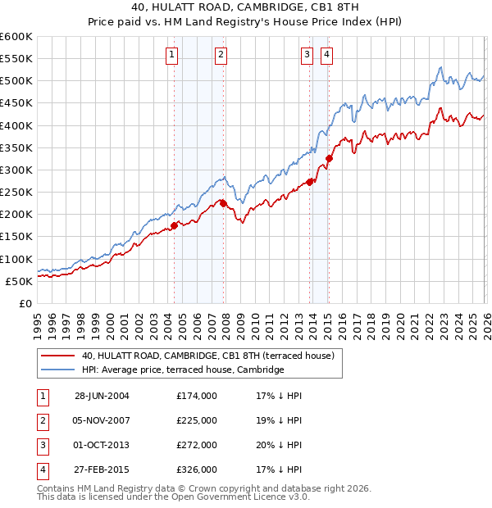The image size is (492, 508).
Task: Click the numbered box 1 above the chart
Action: coord(172,55)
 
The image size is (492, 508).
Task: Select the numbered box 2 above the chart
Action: coord(221,55)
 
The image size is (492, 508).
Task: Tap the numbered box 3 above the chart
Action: coord(307,55)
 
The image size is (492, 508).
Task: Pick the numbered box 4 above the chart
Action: coord(326,55)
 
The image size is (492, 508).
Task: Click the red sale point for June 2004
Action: coord(174,225)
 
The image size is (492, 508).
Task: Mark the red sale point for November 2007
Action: coord(223,203)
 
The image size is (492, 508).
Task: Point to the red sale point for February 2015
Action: coord(329,158)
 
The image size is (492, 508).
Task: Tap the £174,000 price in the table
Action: coord(196,396)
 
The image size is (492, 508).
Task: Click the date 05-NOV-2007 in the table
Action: coord(102,420)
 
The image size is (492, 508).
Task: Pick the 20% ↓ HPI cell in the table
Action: coord(279,445)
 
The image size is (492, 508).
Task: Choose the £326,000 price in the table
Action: coord(196,469)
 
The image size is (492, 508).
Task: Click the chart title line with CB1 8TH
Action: coord(246,8)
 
